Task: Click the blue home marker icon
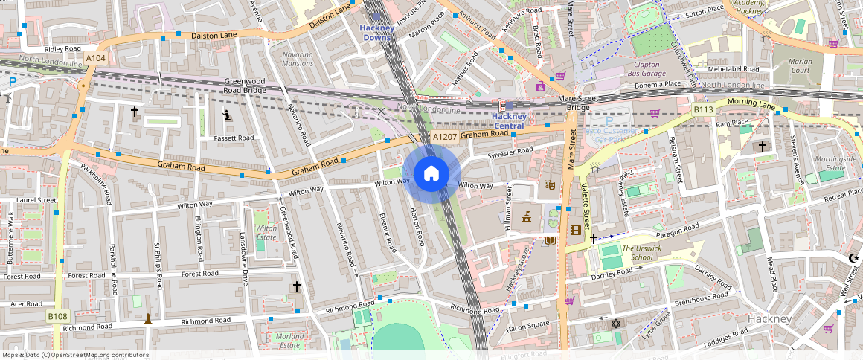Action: pos(431,174)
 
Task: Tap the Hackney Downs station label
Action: pos(376,33)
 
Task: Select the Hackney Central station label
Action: pos(510,121)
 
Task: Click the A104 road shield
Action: pos(95,58)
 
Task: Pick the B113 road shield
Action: pos(704,110)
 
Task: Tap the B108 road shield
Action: pos(58,316)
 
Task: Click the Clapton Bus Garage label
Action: pos(646,69)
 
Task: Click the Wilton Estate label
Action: pos(266,233)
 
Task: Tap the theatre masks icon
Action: pos(551,184)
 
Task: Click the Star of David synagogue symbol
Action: pos(615,323)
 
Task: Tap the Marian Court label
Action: pos(801,66)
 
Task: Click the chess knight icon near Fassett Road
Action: pos(228,115)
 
